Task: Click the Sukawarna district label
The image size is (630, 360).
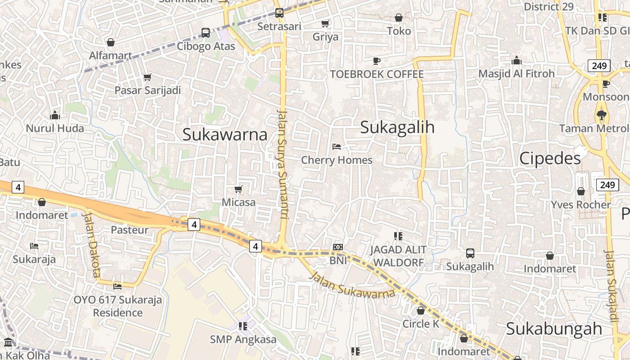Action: pos(225,135)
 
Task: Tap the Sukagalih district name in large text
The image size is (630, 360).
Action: pos(397,127)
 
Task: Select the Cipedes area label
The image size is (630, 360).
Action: pos(550,158)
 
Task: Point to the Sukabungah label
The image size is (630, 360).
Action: pos(554,328)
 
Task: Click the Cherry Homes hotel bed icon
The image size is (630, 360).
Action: pos(336,146)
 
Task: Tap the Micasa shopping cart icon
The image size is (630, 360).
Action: pos(238,189)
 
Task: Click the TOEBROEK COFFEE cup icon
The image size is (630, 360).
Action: pos(377,61)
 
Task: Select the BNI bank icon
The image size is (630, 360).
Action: pos(337,247)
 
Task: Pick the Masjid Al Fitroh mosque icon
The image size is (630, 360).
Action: pos(517,60)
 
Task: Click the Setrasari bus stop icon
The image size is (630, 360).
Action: pos(279,13)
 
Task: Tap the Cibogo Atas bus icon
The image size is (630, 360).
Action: pos(206,32)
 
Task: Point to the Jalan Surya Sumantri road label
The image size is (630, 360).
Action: pos(282,164)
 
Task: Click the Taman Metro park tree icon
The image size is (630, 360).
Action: pos(601,115)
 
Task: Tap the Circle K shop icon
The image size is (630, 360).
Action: pos(421,310)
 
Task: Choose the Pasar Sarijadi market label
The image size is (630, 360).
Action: pos(148,90)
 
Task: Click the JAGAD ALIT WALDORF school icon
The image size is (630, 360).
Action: pos(398,236)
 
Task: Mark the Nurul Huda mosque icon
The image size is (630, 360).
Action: pos(55,115)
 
